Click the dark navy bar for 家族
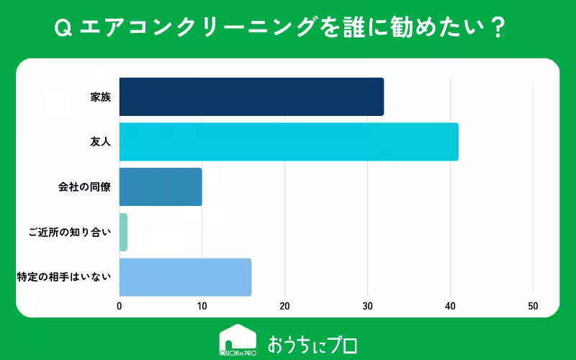pyautogui.click(x=251, y=96)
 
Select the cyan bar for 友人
pyautogui.click(x=289, y=142)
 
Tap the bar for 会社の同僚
pyautogui.click(x=161, y=186)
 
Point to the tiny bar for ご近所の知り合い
pyautogui.click(x=123, y=232)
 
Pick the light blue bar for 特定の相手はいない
pyautogui.click(x=185, y=277)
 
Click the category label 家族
pyautogui.click(x=101, y=97)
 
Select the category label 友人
pyautogui.click(x=101, y=142)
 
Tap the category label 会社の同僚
pyautogui.click(x=84, y=187)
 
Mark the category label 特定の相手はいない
pyautogui.click(x=64, y=277)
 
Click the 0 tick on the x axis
pyautogui.click(x=120, y=306)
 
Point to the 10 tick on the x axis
pyautogui.click(x=202, y=306)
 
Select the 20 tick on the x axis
pyautogui.click(x=285, y=306)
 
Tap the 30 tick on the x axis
pyautogui.click(x=368, y=306)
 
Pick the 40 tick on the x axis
pyautogui.click(x=451, y=306)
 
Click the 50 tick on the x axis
pyautogui.click(x=534, y=306)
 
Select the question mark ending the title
pyautogui.click(x=497, y=29)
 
